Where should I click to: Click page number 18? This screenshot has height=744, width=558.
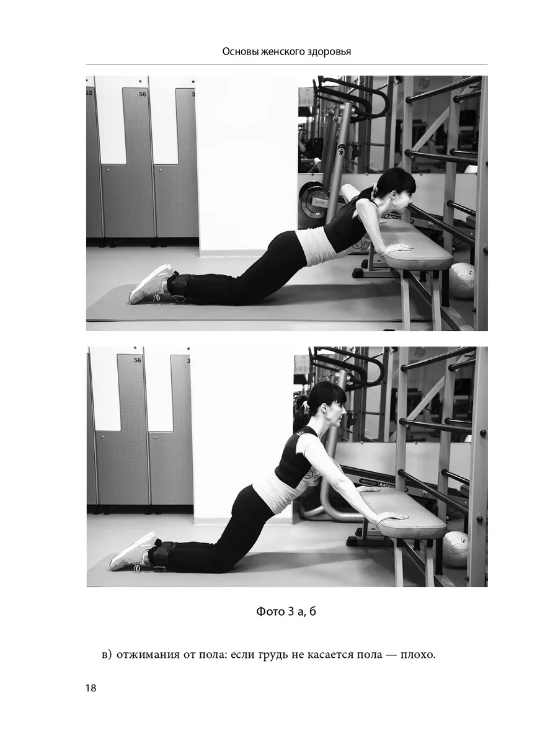[x=91, y=688]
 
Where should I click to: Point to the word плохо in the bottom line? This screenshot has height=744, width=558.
[x=417, y=654]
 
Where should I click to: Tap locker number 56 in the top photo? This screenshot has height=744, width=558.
[x=143, y=94]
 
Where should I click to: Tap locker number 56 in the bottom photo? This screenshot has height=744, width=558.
[x=137, y=360]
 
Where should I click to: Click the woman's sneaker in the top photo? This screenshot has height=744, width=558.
[x=152, y=284]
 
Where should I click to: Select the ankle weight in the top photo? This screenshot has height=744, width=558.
[x=180, y=286]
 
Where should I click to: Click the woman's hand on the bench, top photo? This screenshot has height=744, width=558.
[x=399, y=249]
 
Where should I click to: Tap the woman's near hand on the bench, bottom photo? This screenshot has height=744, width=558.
[x=392, y=516]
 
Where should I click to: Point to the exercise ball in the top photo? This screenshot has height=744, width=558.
[x=461, y=281]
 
